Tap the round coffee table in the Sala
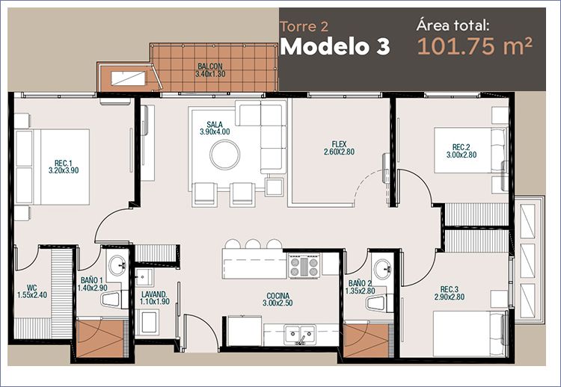pos(224,155)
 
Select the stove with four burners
pos(304,265)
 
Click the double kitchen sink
pos(300,334)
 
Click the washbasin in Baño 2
pos(383,269)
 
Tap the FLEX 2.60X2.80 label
pos(339,148)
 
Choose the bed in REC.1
pos(52,167)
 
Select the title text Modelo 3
pos(334,46)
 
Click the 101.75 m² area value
pos(475,46)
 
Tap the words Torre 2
pos(304,27)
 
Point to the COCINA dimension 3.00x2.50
pos(278,303)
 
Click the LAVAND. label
pos(154,294)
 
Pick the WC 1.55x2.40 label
pos(32,291)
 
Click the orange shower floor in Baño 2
pos(366,340)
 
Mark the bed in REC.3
pos(470,334)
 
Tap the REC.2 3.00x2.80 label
pos(462,151)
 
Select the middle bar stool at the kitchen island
pos(253,244)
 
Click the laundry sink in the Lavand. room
pos(144,276)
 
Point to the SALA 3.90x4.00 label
pos(215,128)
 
